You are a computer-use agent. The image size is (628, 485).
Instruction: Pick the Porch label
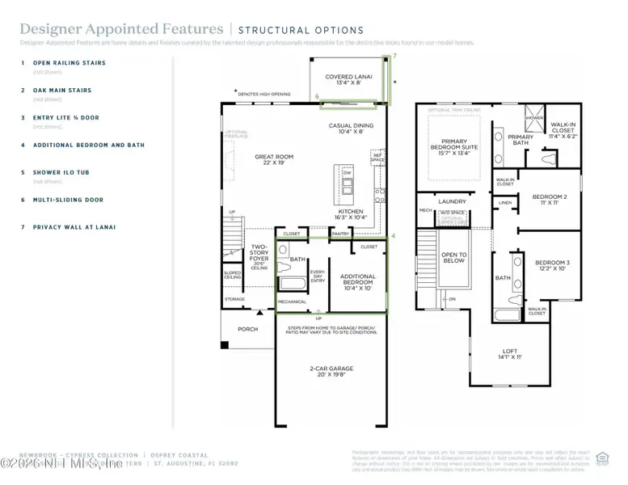point(247,329)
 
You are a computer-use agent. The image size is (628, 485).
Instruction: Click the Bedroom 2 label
point(549,200)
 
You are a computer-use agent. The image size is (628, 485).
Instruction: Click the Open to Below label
point(453,258)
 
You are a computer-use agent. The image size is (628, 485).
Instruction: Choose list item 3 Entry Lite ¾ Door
point(65,117)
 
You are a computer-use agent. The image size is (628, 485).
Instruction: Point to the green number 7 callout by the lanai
point(394,56)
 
